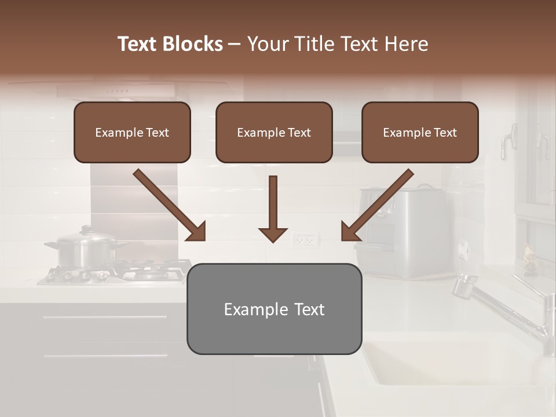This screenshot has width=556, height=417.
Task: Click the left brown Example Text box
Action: pos(132,133)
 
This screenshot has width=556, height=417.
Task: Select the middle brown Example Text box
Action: pos(274,133)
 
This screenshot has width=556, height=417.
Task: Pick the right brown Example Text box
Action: pos(420,133)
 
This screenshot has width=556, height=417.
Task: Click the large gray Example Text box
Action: pos(274,309)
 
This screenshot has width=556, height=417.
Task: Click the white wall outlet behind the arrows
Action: pos(305,239)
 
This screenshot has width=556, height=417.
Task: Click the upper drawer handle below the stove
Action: pos(104,317)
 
